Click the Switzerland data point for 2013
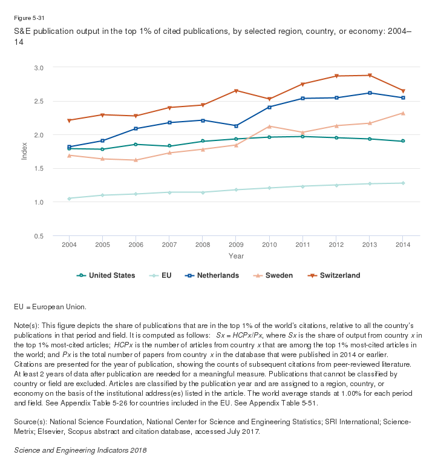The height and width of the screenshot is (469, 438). [370, 76]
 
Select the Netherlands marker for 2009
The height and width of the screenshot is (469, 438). [236, 126]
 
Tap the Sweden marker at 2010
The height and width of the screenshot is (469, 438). [269, 126]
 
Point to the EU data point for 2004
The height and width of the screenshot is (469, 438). [69, 198]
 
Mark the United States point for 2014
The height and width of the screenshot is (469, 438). [403, 141]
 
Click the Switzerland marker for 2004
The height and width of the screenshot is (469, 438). [69, 120]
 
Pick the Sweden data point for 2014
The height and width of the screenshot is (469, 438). [403, 113]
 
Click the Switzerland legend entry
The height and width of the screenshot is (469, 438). [334, 275]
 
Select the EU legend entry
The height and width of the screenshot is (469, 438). [160, 275]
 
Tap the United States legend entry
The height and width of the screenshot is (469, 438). [106, 275]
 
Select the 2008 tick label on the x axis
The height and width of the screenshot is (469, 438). [203, 244]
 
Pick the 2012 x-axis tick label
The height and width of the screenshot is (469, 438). [336, 244]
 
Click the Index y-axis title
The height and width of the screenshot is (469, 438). [25, 151]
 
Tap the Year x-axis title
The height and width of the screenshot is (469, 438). [236, 256]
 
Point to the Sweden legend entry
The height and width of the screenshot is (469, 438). [275, 275]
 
